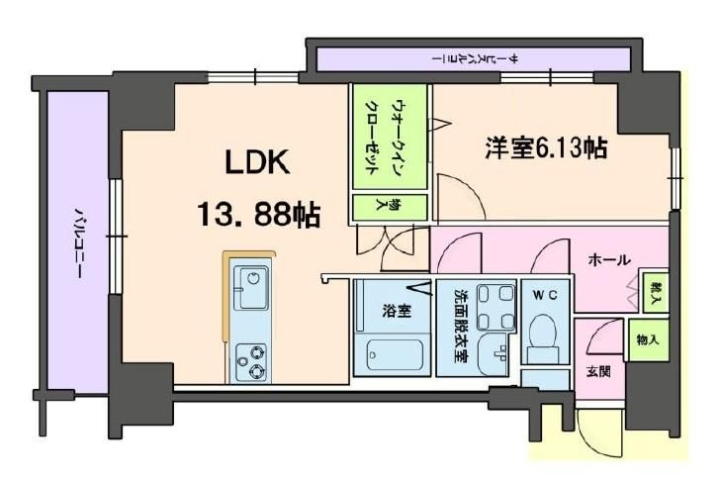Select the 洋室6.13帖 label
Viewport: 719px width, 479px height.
pyautogui.click(x=545, y=148)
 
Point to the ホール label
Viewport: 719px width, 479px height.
pyautogui.click(x=608, y=260)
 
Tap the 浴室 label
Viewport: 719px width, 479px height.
pyautogui.click(x=400, y=310)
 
